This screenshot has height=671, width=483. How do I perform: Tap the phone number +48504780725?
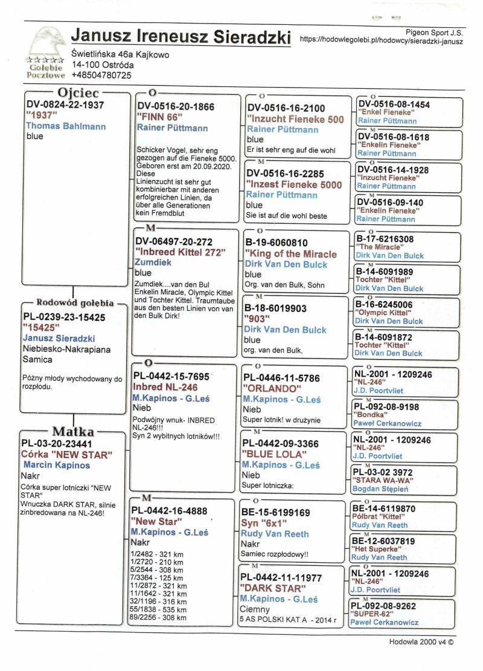(x=101, y=75)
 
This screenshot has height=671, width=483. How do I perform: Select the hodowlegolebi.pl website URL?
(x=382, y=41)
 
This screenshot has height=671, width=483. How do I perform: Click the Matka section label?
(x=73, y=432)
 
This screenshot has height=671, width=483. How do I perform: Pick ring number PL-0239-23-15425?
(x=64, y=317)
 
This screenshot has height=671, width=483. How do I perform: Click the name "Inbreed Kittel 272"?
(x=181, y=252)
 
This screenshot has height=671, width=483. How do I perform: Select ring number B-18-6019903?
(x=277, y=308)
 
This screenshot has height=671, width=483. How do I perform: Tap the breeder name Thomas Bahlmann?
(x=66, y=126)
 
